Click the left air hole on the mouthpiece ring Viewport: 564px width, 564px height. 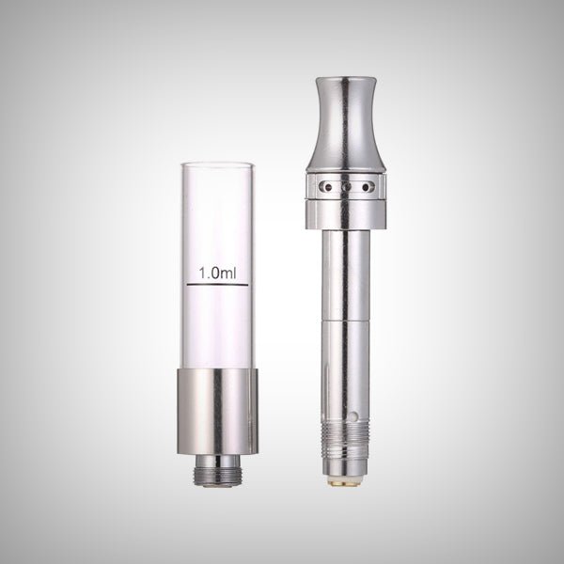(328, 188)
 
